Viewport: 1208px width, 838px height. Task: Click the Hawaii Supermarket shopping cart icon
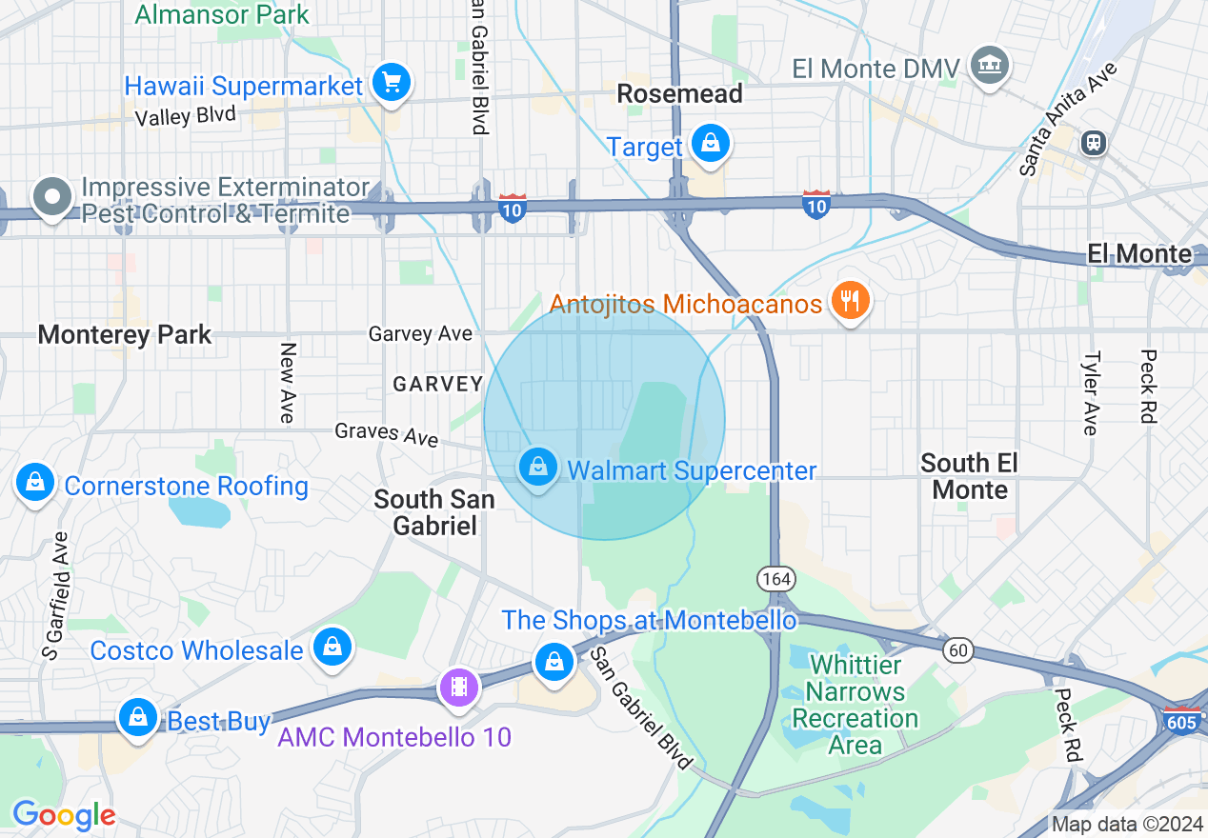390,83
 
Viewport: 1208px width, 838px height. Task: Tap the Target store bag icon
710,143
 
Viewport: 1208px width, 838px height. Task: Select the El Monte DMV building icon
991,66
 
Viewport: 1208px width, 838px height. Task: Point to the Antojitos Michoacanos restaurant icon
848,302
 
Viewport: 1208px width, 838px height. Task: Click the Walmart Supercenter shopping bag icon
538,468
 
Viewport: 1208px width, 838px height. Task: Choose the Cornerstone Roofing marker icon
35,482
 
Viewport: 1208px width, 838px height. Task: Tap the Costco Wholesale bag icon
332,648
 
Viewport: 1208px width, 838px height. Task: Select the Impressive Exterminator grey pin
52,198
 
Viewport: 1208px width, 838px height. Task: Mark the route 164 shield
776,578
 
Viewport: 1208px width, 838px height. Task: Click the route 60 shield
959,649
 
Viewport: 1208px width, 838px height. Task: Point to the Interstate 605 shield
1182,721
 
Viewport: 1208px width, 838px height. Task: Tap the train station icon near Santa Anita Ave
1093,143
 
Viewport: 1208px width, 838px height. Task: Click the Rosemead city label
679,93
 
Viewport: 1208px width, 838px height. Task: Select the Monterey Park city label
125,335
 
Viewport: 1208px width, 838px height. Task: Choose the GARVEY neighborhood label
438,384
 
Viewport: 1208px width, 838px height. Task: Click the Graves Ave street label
386,433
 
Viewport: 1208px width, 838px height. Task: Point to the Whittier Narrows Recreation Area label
855,705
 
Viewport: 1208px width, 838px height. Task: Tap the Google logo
63,815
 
